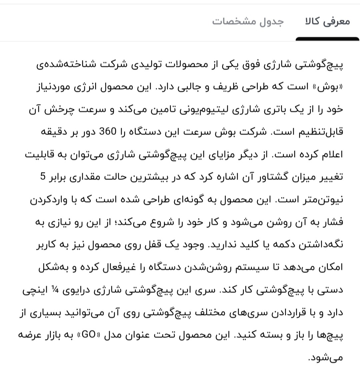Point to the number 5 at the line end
(x=42, y=177)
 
